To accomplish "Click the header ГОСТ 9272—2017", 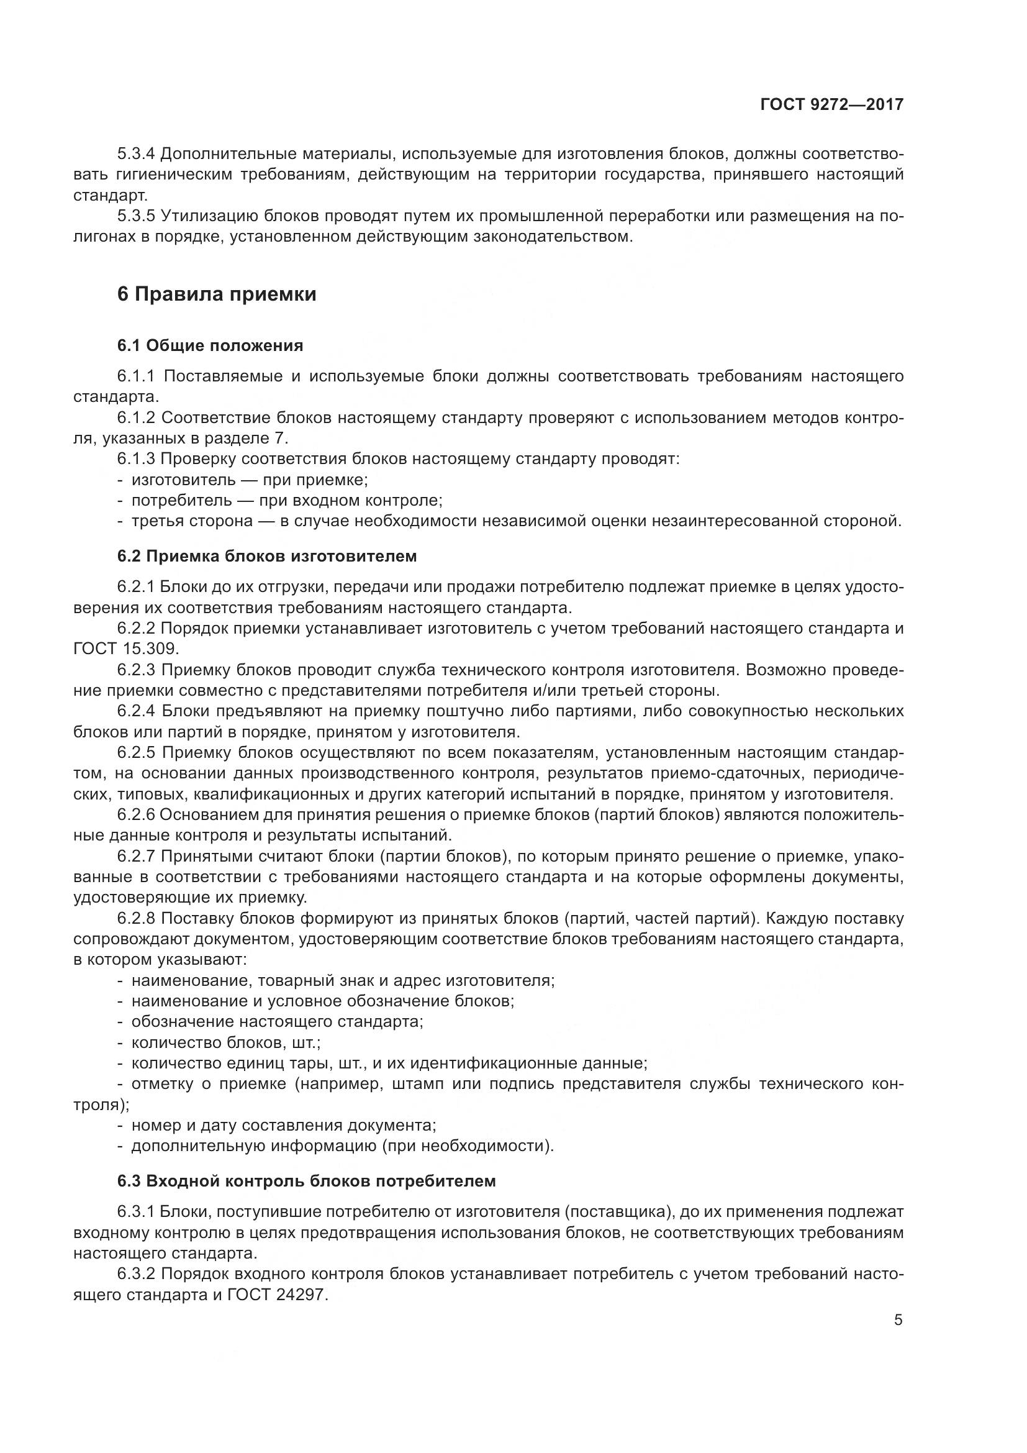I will tap(831, 105).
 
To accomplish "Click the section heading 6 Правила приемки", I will tap(216, 294).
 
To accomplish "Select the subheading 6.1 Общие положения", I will tap(210, 345).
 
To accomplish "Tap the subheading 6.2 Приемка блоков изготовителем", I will tap(267, 556).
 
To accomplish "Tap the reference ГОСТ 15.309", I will tap(127, 649).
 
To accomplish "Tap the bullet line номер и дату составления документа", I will tap(283, 1125).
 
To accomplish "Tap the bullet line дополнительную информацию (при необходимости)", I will tap(342, 1146).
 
